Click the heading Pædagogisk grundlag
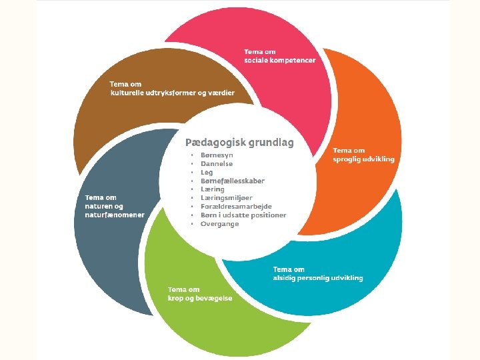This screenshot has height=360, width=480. tap(239, 143)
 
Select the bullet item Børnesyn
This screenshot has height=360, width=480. tap(217, 155)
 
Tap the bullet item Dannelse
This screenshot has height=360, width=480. tap(217, 164)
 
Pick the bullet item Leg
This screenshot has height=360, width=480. tap(207, 173)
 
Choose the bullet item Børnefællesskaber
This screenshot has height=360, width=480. tap(232, 181)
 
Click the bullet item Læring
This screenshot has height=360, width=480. tap(213, 189)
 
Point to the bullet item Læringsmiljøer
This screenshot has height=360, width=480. tap(227, 198)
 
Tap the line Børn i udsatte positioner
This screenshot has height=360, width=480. tap(243, 215)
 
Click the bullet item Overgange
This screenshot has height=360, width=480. tap(219, 224)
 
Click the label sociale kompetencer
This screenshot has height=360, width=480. tap(279, 60)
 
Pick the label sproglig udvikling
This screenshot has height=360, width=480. tap(363, 159)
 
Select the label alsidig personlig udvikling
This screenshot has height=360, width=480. tap(318, 278)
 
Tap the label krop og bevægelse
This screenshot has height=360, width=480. tap(200, 298)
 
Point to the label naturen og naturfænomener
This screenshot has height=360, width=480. tap(114, 211)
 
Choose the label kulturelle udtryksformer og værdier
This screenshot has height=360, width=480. tap(172, 93)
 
